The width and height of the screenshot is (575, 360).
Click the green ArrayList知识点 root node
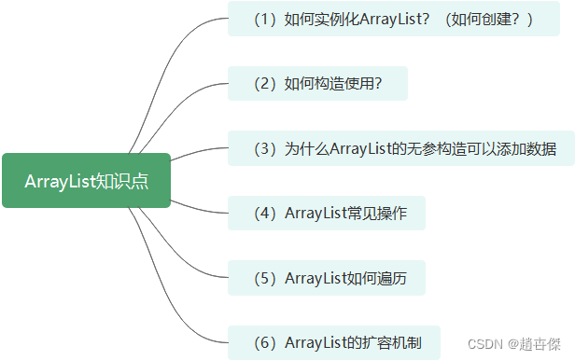(x=86, y=180)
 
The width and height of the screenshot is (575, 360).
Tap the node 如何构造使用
(x=317, y=83)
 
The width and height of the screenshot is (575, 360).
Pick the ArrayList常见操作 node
(x=327, y=213)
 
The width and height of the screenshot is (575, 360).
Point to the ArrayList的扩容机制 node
(x=333, y=342)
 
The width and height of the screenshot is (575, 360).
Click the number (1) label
(x=265, y=19)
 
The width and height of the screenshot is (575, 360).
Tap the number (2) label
(x=265, y=83)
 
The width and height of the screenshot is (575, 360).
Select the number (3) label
(x=265, y=148)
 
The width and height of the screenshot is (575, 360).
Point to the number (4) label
(x=265, y=213)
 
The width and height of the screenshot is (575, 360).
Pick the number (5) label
(x=265, y=277)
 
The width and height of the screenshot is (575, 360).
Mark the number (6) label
(x=265, y=342)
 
